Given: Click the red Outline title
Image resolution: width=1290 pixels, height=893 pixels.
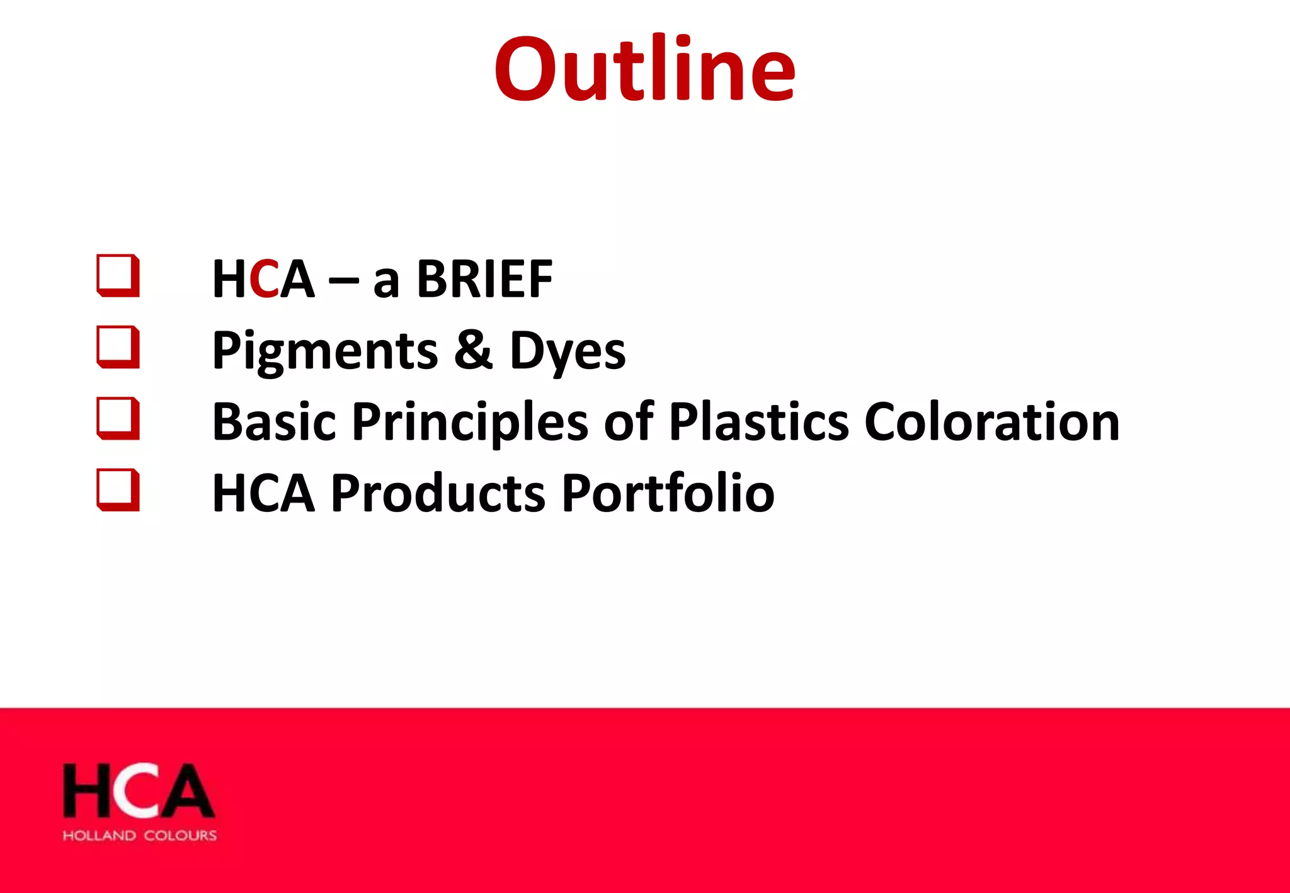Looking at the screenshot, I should pos(644,69).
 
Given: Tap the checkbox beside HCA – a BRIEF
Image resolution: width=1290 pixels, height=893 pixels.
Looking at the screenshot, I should pos(118,275).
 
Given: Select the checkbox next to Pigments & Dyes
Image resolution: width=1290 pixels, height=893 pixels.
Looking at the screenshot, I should pos(118,347).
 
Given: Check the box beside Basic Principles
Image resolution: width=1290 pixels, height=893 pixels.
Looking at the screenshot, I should pos(118,418).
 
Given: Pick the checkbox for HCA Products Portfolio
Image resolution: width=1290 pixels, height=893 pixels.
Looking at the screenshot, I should pos(118,489).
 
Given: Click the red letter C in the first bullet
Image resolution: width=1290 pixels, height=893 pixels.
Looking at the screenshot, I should pos(264,279).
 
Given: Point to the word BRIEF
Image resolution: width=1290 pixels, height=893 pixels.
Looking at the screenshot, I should pos(484,279).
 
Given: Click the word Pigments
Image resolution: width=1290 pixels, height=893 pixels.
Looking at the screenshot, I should pos(325,351).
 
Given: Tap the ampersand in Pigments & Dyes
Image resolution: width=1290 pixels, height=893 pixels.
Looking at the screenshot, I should pos(473,350).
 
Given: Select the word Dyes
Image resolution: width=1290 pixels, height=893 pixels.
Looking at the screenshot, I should pos(568,351).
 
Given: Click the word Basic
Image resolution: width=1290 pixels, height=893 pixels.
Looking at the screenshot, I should pos(274,422).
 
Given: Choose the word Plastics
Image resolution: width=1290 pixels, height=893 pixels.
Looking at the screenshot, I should pos(758,422).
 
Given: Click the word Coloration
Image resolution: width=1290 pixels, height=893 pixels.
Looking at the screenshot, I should pos(991,422).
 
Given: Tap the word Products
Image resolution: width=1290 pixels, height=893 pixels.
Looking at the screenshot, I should pos(438,493).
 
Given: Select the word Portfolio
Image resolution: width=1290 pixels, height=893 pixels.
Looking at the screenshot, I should pos(668,493).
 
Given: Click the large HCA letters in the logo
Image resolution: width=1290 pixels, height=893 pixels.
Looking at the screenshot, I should pos(139,792).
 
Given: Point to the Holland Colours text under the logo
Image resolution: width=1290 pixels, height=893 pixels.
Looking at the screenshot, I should pos(140,836).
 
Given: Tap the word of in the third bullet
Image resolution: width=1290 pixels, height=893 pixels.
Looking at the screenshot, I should pos(629,422).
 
